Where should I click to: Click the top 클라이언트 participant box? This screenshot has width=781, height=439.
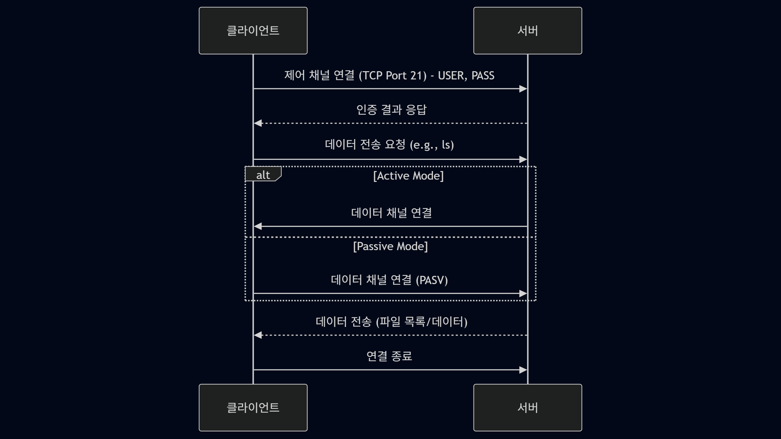pos(253,31)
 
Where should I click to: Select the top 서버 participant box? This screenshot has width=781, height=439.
pos(528,31)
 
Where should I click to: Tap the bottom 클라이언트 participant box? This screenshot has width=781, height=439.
pos(253,408)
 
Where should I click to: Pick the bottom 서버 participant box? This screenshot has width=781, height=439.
pos(528,408)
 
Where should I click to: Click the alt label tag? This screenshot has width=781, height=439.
pos(263,175)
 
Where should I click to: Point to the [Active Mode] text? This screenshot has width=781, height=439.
pos(408,176)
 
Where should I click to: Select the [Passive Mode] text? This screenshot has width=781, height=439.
pos(390,246)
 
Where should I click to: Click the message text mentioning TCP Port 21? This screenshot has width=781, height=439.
pos(389,75)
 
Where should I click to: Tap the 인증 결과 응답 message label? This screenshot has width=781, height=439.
pos(391,110)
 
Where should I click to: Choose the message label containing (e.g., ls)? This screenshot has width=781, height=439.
pos(389,144)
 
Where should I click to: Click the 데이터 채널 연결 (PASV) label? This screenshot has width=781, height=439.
pos(389,280)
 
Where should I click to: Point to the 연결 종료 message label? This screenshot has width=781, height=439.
pos(389,356)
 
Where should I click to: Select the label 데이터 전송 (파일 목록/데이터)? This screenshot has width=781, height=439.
pos(391,321)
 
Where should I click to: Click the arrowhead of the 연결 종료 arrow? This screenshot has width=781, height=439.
pos(523,370)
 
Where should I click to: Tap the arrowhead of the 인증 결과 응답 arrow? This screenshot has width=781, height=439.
pos(258,123)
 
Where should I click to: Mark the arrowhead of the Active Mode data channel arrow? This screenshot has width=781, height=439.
pos(258,226)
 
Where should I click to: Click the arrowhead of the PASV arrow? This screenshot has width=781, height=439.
pos(523,293)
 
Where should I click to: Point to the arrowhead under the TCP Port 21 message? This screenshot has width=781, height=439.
pos(523,89)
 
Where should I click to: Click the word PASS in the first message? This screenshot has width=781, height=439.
pos(483,75)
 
